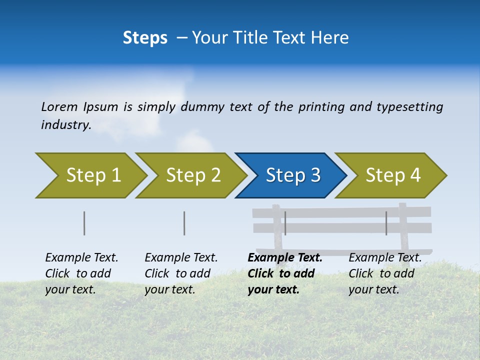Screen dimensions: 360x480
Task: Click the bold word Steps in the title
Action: (x=145, y=38)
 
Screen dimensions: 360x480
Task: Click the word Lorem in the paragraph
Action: (x=59, y=106)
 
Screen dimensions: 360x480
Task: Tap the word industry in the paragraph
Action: (x=65, y=124)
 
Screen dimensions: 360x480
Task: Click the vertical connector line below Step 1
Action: (x=84, y=223)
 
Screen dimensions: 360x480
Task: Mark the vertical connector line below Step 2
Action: (x=184, y=223)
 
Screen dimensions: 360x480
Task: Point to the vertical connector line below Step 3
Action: (x=285, y=223)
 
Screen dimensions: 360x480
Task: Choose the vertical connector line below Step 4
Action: (x=386, y=223)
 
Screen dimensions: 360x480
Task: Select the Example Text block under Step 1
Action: (x=81, y=273)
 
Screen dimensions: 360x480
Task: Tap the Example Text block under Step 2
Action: (x=181, y=273)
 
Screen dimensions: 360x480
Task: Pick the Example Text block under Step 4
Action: (x=385, y=273)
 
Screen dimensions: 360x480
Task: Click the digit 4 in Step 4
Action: (x=415, y=175)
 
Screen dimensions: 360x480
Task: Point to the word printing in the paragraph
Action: (x=321, y=106)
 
